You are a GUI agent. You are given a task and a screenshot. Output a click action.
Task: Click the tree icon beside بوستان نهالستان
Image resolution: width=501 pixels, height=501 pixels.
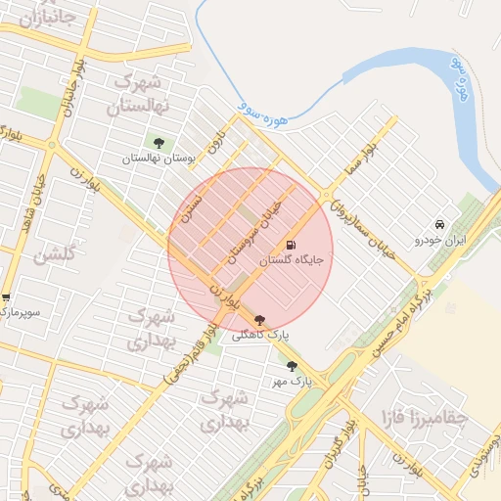pyautogui.click(x=159, y=144)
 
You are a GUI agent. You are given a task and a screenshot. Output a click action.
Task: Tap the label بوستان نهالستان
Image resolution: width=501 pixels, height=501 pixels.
pyautogui.click(x=159, y=158)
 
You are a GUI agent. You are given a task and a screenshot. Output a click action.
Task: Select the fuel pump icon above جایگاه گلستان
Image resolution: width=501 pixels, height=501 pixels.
pyautogui.click(x=291, y=246)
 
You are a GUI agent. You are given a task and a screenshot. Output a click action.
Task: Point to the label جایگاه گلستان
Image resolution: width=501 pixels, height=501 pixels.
pyautogui.click(x=291, y=261)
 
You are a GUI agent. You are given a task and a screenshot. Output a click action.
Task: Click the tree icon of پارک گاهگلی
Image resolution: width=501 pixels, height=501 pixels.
pyautogui.click(x=259, y=320)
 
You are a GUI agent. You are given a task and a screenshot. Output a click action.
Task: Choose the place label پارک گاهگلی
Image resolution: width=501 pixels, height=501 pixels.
pyautogui.click(x=259, y=335)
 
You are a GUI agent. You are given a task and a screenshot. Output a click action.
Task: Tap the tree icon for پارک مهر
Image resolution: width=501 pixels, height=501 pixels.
pyautogui.click(x=292, y=366)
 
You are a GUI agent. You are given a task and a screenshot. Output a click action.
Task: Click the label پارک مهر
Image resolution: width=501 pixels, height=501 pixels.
pyautogui.click(x=293, y=381)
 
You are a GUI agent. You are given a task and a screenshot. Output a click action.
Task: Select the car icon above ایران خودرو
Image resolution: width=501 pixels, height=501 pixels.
pyautogui.click(x=441, y=224)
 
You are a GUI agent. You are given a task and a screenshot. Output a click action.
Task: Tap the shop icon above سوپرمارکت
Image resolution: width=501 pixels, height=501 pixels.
pyautogui.click(x=5, y=297)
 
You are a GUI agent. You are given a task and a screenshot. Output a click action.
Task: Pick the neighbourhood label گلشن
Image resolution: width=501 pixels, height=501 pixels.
pyautogui.click(x=54, y=256)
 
